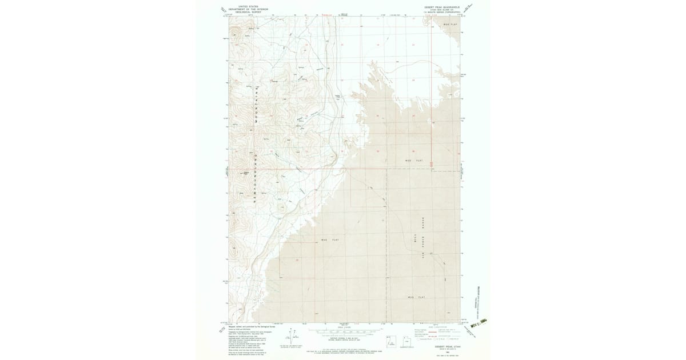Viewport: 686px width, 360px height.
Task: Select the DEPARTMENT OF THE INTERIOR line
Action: (x=248, y=9)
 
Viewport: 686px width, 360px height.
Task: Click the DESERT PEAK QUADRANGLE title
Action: (x=442, y=7)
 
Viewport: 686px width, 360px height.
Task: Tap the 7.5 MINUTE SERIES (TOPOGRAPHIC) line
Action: (x=442, y=12)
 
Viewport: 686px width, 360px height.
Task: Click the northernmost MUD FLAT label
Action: (x=450, y=25)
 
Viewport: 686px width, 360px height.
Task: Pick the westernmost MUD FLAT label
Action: (x=330, y=240)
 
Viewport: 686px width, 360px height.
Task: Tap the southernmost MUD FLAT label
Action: (x=417, y=297)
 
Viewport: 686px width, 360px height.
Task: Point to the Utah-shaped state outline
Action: (x=390, y=339)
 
